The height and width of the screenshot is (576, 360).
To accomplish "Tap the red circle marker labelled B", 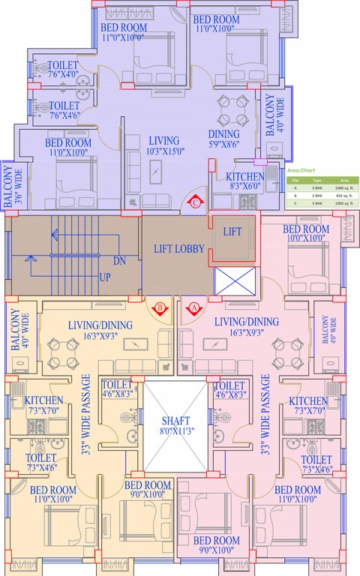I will coord(160,307).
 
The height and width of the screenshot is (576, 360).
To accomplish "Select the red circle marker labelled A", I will coord(194,307).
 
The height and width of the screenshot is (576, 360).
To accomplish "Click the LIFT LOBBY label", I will coord(178,249).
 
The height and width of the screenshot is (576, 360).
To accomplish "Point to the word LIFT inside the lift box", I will coord(232,232).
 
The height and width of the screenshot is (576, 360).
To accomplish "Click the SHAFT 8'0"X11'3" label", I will coord(175,425).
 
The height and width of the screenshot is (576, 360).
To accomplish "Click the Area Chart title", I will coord(301,171).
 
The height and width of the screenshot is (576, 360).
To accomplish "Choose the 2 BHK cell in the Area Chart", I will coord(316,195).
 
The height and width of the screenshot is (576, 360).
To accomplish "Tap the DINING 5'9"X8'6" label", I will coord(223,139).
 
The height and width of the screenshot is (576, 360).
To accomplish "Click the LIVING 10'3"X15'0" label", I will coord(163,146).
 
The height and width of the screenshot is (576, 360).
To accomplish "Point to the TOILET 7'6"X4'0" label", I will coord(62,70).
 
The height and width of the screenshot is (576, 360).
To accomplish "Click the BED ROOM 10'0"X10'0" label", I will coord(305,233).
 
